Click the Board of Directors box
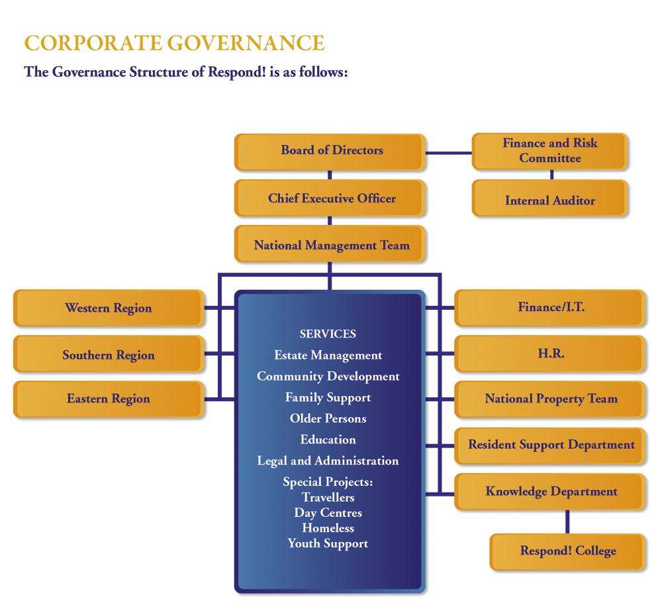point(330,152)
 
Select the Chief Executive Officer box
point(330,199)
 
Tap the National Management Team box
point(330,246)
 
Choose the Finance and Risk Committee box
point(549,151)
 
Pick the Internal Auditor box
point(549,200)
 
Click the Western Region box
point(109,308)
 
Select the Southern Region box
point(109,355)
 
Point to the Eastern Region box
point(109,398)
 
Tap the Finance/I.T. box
point(550,308)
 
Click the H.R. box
point(550,354)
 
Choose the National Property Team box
point(550,398)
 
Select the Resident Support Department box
point(550,445)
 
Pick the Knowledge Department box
point(550,491)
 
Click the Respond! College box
point(567,551)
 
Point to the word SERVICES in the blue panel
point(328,334)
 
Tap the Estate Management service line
point(328,355)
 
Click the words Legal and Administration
point(328,461)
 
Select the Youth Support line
point(328,543)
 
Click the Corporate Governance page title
point(175,43)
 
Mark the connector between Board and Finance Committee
point(448,152)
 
